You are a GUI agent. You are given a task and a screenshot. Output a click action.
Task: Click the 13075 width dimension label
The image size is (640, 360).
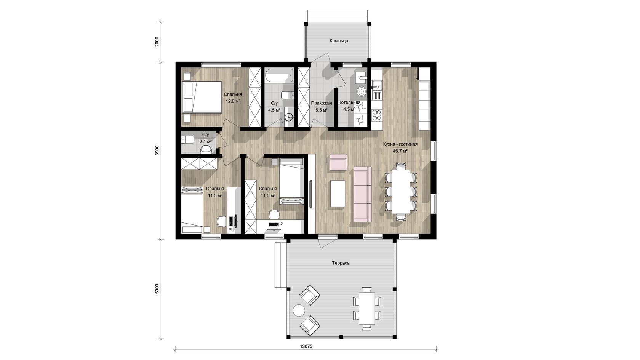[306, 346]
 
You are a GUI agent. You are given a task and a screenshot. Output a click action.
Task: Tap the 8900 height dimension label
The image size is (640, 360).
[157, 150]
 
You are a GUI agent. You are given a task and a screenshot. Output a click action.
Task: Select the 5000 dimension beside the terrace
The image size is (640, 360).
[157, 289]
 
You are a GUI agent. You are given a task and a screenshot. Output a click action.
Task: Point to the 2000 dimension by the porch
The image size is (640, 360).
[157, 42]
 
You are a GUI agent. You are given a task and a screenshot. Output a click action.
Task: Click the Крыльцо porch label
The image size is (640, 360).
[339, 40]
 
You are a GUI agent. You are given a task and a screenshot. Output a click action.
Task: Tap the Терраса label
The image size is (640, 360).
[341, 263]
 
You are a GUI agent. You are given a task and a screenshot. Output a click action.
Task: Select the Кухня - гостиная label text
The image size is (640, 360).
[400, 144]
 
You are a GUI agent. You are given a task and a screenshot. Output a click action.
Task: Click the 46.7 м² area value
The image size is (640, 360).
[400, 151]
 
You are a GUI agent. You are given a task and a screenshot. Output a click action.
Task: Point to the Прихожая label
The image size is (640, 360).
[322, 103]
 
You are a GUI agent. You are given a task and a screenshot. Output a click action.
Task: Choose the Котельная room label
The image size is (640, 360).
[349, 102]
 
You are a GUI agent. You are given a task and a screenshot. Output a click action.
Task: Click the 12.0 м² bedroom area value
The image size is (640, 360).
[233, 101]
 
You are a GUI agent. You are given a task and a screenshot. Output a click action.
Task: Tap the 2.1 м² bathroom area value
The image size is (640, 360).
[205, 141]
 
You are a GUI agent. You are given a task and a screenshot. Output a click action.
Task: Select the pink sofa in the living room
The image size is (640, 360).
[363, 194]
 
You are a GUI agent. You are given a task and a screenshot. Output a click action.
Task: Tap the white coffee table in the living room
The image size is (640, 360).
[338, 194]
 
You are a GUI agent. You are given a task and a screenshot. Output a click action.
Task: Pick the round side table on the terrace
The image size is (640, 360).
[299, 310]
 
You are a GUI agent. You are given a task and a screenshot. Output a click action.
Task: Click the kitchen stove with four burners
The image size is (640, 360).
[377, 115]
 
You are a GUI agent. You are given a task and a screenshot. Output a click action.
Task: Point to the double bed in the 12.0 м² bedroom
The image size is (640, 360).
[202, 97]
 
